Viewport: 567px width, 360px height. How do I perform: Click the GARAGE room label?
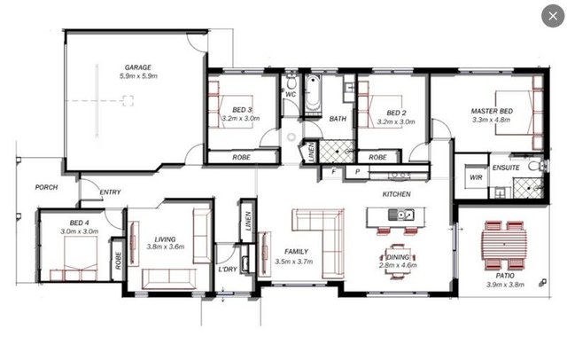click(x=138, y=67)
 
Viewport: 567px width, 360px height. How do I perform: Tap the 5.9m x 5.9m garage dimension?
click(x=138, y=76)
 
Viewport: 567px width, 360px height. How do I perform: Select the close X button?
click(x=553, y=16)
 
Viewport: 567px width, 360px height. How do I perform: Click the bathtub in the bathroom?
click(x=313, y=93)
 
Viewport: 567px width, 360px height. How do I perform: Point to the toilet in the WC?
click(x=291, y=82)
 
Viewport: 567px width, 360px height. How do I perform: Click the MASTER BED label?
click(x=492, y=111)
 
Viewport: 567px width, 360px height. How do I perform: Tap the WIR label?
click(x=476, y=177)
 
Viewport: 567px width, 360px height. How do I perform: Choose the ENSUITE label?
click(x=506, y=168)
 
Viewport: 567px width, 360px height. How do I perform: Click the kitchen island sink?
click(x=401, y=215)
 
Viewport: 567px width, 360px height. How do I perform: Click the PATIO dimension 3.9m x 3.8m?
click(x=505, y=285)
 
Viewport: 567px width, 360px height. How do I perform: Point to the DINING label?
click(x=398, y=257)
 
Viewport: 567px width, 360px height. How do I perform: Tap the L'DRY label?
click(x=228, y=270)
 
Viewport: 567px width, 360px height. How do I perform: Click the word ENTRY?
click(x=110, y=192)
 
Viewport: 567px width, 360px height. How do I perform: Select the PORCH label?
click(x=46, y=187)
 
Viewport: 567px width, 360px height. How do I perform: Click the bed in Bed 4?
click(x=81, y=258)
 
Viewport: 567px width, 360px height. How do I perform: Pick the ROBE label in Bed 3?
click(x=242, y=157)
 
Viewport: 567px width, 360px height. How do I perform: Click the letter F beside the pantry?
click(x=334, y=172)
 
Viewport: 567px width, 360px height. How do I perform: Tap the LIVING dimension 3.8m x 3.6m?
click(x=166, y=247)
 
